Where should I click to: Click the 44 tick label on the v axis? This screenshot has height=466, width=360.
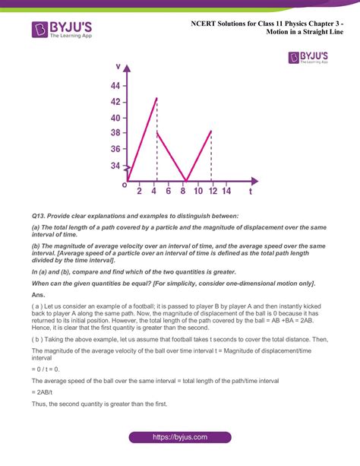(x=115, y=85)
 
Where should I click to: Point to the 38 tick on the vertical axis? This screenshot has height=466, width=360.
(x=115, y=132)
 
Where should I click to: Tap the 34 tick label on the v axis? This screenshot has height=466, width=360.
(x=115, y=165)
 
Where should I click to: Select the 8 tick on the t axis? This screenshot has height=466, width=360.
(x=183, y=192)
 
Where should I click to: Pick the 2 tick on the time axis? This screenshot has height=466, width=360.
(x=139, y=192)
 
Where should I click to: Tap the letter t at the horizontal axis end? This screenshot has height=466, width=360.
(x=251, y=192)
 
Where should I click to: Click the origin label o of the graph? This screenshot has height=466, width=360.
(x=124, y=184)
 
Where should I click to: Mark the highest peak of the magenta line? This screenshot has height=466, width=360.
(x=156, y=98)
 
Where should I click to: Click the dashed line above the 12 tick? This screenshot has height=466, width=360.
(x=211, y=156)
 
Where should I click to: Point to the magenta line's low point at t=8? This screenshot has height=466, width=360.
(x=185, y=181)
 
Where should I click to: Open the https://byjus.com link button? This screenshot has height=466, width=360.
(x=179, y=438)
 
